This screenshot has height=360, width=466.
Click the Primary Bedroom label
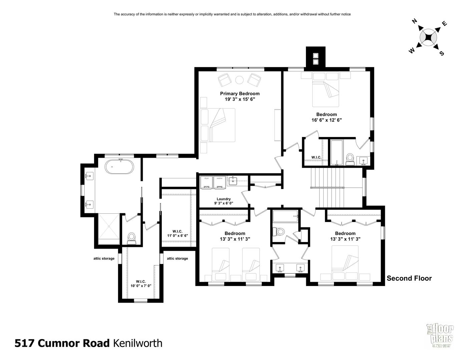[240, 94]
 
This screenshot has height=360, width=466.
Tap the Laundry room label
[223, 199]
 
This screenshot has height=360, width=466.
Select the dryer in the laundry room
[206, 182]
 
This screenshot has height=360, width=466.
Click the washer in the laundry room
[219, 182]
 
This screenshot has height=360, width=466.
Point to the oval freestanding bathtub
[119, 167]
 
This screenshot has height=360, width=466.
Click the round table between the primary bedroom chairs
[240, 80]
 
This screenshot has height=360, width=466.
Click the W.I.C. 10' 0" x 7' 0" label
[141, 283]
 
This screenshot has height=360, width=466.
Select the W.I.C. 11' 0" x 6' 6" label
[177, 233]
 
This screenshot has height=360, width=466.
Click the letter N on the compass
[415, 21]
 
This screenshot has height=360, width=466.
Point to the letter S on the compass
[442, 53]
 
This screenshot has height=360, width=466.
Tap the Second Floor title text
[409, 278]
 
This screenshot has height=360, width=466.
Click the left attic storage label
[104, 258]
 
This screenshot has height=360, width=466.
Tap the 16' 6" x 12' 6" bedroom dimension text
[327, 120]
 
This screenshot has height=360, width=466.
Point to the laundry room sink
[233, 181]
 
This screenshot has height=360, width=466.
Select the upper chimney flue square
[316, 56]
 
